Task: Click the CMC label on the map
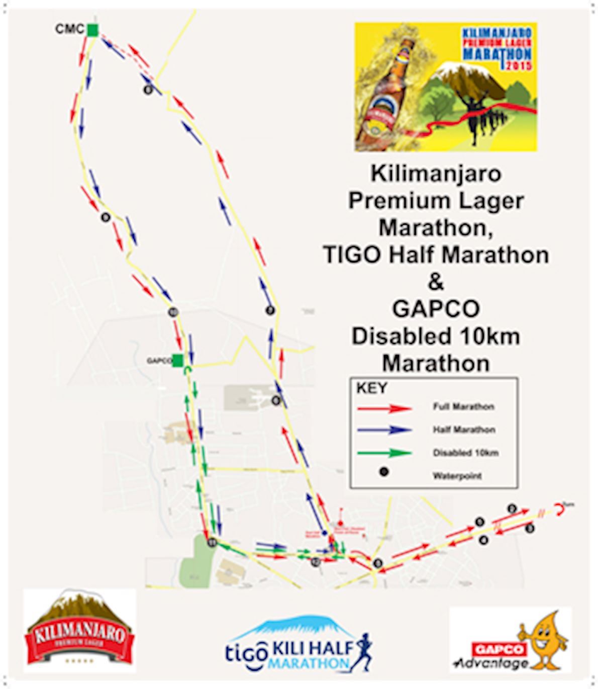point(69,29)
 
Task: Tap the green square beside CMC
point(92,30)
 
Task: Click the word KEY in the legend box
point(372,388)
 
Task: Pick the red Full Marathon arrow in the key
point(384,408)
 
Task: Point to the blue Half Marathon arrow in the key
point(384,430)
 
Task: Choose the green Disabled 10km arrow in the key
point(384,453)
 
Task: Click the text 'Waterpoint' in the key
point(457,475)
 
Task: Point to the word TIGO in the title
point(350,255)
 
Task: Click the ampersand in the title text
point(436,282)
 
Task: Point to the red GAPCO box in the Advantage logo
point(500,649)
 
